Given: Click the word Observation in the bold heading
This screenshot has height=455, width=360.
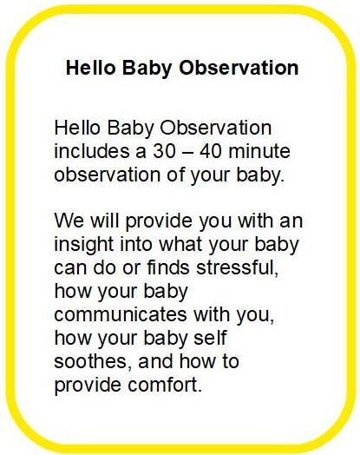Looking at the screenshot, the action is point(239,68).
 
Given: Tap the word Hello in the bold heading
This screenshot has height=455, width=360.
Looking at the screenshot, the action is point(90,68).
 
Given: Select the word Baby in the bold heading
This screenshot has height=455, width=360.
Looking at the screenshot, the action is point(147,69).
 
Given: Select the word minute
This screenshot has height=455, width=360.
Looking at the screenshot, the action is point(259,151).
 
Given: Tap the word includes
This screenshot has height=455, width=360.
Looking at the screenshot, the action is point(92,151).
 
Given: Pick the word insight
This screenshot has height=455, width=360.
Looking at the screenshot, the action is point(83,246).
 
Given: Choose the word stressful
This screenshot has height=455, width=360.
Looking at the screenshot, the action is point(237,267).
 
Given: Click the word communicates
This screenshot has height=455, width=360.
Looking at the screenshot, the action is point(121,314).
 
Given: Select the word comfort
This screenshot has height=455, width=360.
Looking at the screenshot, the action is point(165,385).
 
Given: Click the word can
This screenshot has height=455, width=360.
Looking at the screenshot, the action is point(70,268).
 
